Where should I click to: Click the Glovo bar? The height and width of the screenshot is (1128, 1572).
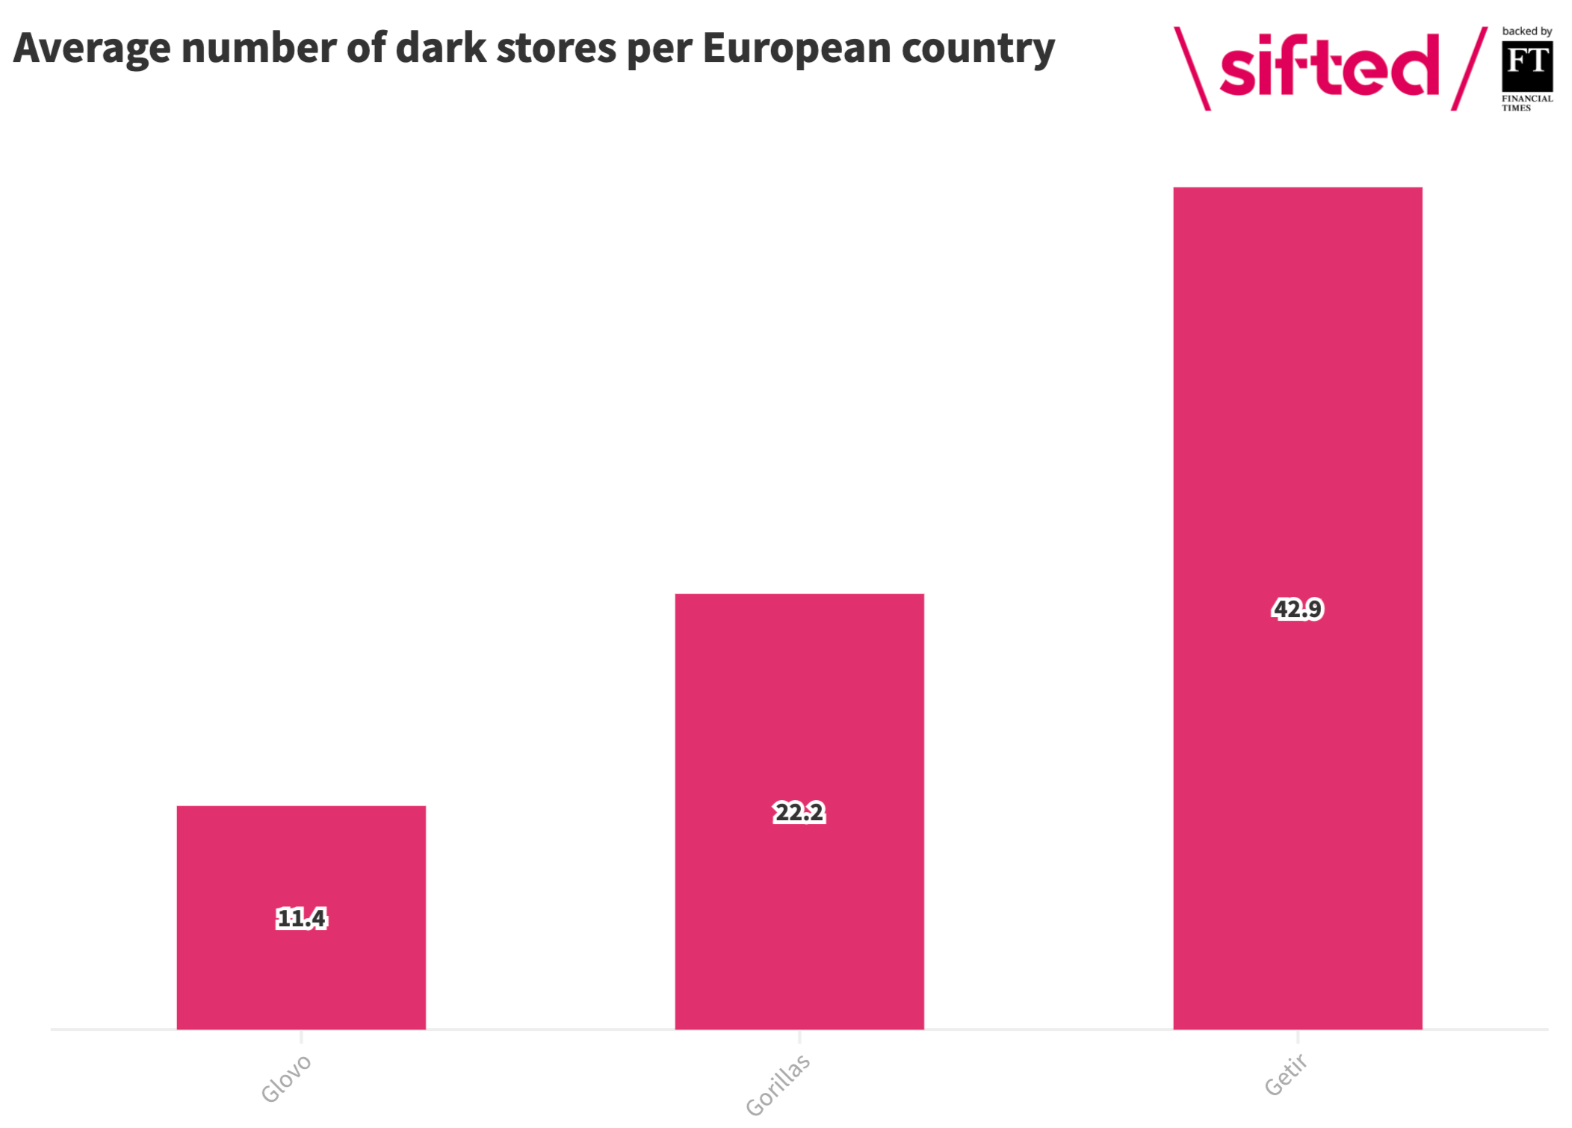tap(301, 917)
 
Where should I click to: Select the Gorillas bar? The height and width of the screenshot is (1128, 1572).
tap(799, 811)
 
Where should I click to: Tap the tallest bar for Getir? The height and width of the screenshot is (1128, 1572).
tap(1298, 608)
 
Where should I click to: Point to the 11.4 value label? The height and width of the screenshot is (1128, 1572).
tap(302, 918)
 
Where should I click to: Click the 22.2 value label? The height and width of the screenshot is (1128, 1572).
tap(799, 812)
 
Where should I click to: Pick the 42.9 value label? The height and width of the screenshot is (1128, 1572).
tap(1298, 609)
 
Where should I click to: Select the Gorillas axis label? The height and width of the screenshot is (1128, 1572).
tap(778, 1085)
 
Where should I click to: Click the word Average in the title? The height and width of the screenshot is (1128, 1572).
tap(93, 49)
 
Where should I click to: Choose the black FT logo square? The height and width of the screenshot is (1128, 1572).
tap(1527, 66)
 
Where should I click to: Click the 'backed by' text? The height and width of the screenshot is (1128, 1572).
tap(1527, 31)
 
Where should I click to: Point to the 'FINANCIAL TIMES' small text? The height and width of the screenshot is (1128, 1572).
tap(1527, 103)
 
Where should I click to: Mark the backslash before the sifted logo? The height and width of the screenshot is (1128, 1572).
tap(1192, 69)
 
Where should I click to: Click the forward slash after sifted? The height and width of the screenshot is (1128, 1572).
tap(1469, 69)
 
